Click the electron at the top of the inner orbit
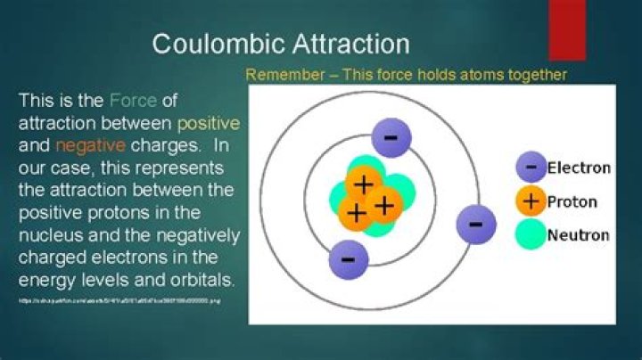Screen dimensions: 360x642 (391, 137)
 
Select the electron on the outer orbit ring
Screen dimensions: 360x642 (475, 223)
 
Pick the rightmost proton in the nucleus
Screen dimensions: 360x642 (384, 205)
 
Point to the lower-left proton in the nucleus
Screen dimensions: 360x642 (356, 212)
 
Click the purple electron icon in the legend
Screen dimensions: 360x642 (531, 168)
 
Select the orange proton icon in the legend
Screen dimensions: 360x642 (531, 201)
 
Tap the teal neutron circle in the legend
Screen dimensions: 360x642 (531, 235)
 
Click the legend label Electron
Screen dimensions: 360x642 (579, 168)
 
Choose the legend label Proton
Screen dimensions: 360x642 (572, 201)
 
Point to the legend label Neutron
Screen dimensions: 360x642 (578, 235)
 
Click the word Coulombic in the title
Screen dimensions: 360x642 (210, 44)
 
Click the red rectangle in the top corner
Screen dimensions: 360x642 (567, 29)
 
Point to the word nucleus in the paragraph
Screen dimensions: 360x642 (47, 236)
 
